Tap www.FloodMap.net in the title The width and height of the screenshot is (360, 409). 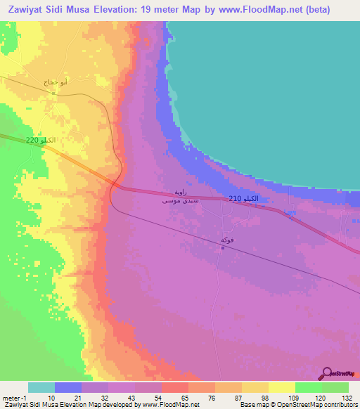click(268, 11)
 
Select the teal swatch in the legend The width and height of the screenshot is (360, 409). click(41, 387)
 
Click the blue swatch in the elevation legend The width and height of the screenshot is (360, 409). click(67, 387)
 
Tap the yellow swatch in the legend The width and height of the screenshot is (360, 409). click(281, 387)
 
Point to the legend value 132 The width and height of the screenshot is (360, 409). click(346, 397)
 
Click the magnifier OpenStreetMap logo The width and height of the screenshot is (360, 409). click(326, 373)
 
